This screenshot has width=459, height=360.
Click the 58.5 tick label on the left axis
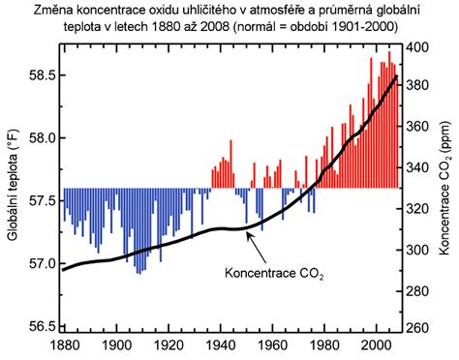tap(41, 75)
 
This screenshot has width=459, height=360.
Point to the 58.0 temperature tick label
tap(41, 138)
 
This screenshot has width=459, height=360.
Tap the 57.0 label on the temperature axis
tap(41, 263)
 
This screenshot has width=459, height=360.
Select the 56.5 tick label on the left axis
tap(41, 326)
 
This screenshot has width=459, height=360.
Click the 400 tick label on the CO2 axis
tap(416, 47)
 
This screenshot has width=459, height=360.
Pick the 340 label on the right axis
tap(416, 167)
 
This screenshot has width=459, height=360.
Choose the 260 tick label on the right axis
tap(416, 328)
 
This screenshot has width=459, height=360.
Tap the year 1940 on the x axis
tap(221, 345)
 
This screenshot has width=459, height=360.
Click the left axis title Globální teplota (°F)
tap(13, 185)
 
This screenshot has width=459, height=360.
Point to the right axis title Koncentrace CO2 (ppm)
tap(444, 188)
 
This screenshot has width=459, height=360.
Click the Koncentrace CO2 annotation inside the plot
tap(274, 274)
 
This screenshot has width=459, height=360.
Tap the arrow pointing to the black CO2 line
tap(257, 248)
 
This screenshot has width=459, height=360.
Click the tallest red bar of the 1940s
tap(230, 164)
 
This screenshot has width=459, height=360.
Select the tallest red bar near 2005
tap(389, 120)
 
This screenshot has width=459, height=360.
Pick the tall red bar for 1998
tap(371, 123)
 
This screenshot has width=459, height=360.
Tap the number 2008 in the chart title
tap(215, 27)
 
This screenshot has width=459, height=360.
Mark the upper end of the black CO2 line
tap(397, 76)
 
